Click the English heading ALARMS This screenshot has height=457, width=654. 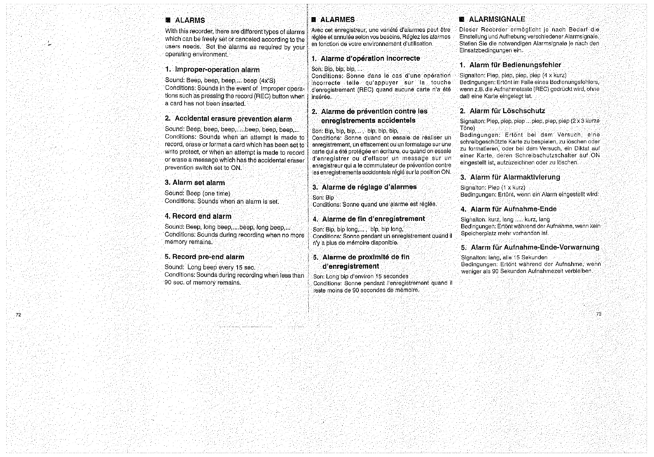[190, 20]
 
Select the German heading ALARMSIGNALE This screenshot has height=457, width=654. [497, 19]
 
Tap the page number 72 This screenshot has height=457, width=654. [18, 314]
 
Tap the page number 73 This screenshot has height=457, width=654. [598, 314]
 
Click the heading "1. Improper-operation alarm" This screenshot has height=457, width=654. [212, 70]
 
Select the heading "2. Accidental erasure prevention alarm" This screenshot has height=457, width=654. [228, 119]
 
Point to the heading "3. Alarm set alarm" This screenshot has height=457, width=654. [195, 183]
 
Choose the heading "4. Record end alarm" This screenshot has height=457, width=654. [198, 216]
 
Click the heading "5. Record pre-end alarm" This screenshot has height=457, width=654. [205, 257]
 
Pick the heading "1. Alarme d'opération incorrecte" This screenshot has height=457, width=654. [366, 59]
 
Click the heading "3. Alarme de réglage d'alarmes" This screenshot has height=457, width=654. [365, 187]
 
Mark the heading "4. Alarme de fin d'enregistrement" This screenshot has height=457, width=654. [369, 219]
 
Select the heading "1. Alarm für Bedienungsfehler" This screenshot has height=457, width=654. [510, 65]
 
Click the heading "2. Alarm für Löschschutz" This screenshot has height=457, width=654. [502, 111]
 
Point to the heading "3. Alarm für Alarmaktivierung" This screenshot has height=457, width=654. [510, 177]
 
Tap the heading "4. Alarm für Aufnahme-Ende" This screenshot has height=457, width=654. [509, 209]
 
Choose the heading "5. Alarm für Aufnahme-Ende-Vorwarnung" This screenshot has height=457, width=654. [530, 247]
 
